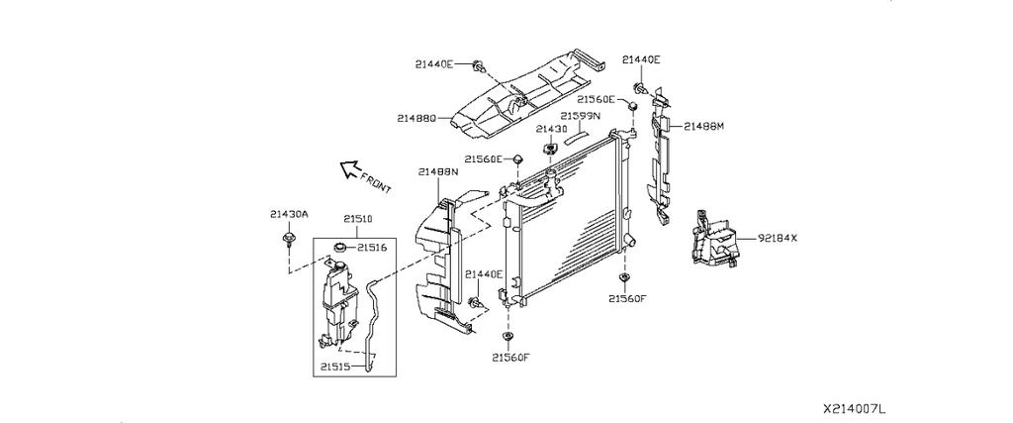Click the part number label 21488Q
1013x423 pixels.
point(417,119)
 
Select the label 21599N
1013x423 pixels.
point(580,117)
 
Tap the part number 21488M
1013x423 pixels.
point(703,126)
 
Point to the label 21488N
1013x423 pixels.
point(438,172)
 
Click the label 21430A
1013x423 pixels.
point(290,215)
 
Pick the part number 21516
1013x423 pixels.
point(372,247)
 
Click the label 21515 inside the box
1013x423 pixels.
point(335,367)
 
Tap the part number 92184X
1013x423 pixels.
point(778,238)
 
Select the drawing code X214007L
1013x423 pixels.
point(854,409)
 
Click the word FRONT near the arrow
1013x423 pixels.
point(375,183)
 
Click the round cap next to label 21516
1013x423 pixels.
point(340,247)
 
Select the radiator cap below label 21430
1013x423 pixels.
point(550,151)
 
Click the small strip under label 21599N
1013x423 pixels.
point(576,137)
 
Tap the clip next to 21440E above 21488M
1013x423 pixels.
point(640,88)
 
